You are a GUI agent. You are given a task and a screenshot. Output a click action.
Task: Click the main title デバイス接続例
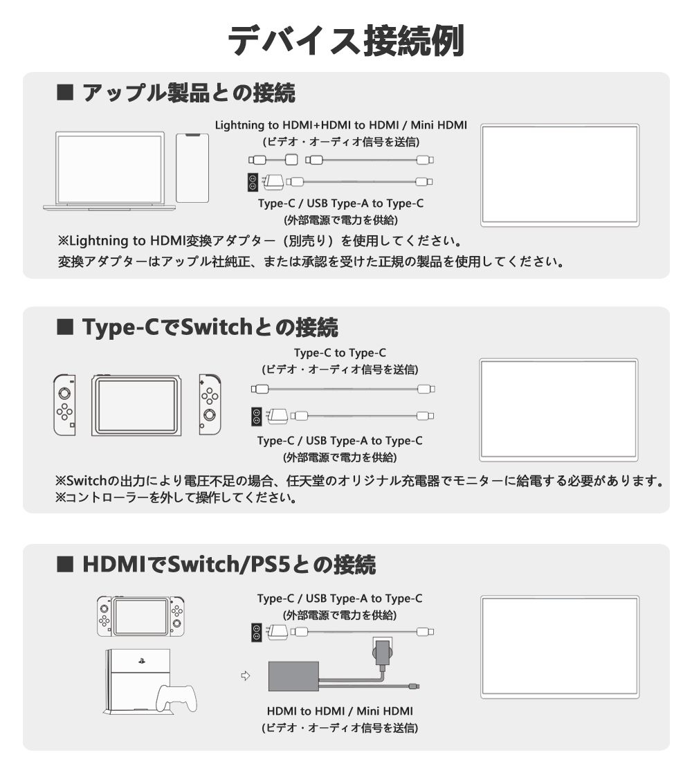click(346, 40)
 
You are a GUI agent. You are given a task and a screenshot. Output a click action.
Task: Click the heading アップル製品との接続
click(189, 93)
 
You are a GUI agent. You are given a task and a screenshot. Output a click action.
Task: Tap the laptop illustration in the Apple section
click(109, 171)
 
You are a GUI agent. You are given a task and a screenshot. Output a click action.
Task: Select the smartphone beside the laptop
click(192, 168)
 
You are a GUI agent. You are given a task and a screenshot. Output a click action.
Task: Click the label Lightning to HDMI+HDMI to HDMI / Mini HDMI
click(341, 125)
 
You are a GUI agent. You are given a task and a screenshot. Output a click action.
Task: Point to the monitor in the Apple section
click(560, 176)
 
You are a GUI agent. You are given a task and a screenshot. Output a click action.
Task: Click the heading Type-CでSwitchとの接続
click(210, 327)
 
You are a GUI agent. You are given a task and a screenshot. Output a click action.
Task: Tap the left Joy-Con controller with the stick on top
click(65, 405)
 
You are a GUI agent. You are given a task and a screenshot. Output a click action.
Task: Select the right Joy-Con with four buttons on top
click(210, 405)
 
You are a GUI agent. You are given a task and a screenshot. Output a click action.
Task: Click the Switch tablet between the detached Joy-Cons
click(136, 405)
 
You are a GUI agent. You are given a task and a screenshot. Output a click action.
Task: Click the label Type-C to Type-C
click(340, 353)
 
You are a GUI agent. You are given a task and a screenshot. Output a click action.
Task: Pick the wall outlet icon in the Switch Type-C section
click(256, 416)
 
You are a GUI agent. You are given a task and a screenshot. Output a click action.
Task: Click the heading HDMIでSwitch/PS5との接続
click(229, 565)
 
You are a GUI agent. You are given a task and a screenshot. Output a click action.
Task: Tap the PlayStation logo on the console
click(142, 660)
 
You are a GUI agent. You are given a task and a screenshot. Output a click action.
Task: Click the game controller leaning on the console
click(176, 698)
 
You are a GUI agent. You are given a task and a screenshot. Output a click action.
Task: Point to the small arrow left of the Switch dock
click(245, 675)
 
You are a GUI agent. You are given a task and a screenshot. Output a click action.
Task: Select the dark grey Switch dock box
click(293, 676)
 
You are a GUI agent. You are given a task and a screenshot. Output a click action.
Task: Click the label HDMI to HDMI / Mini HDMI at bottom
click(340, 711)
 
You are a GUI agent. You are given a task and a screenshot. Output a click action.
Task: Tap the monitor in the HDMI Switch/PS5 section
click(560, 647)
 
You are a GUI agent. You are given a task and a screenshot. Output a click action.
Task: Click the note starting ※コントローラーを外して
click(176, 498)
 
